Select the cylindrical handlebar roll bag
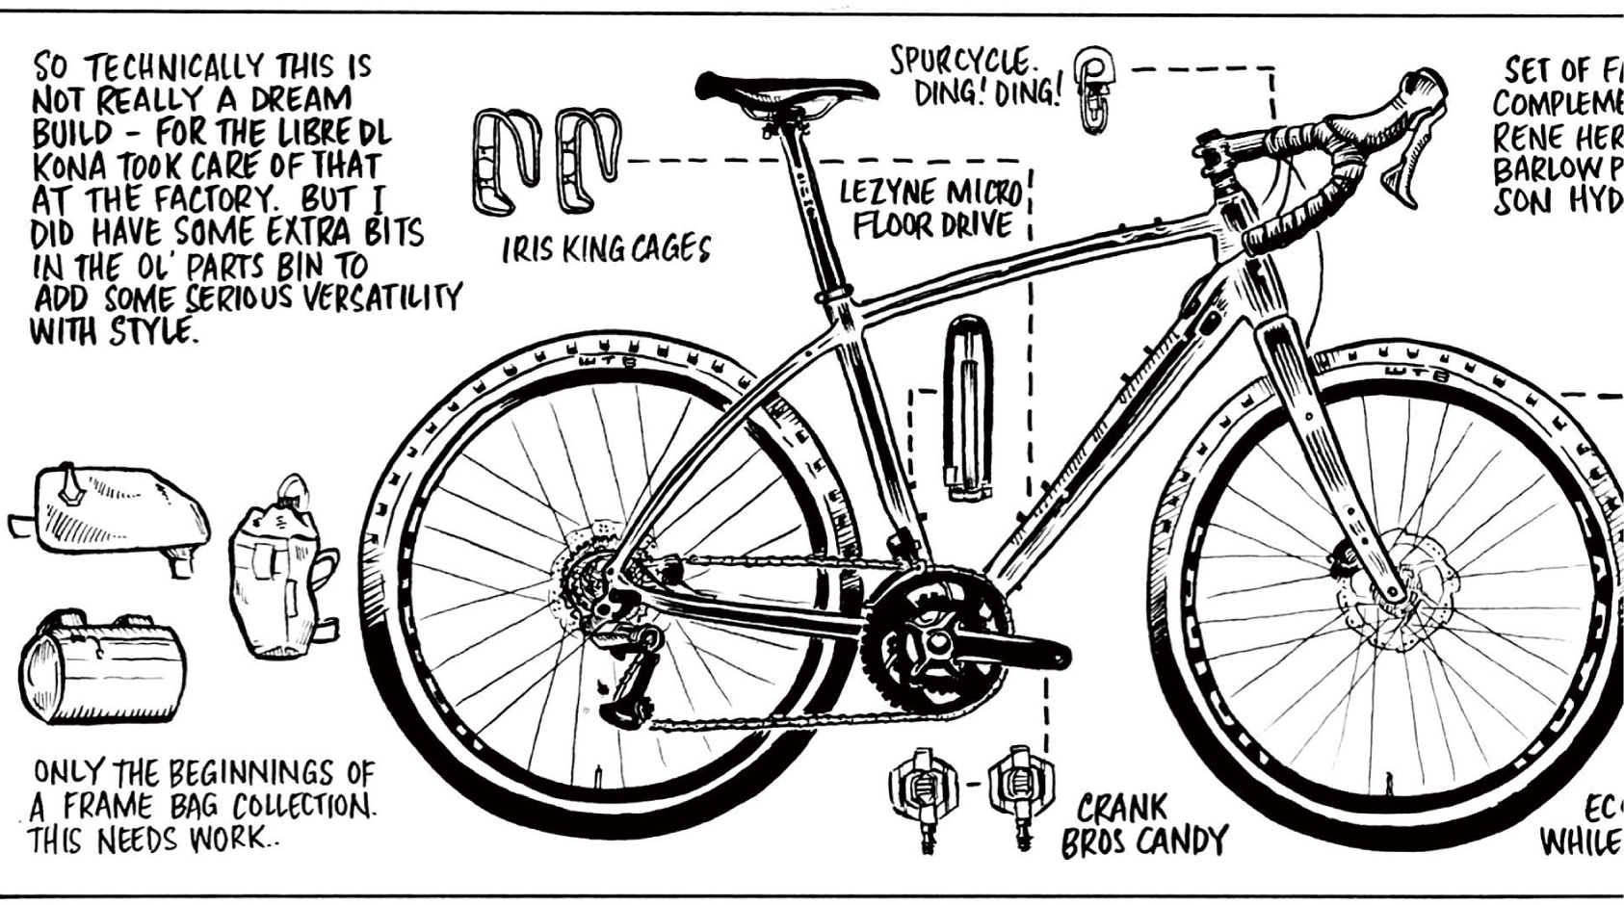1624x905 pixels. click(98, 666)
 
